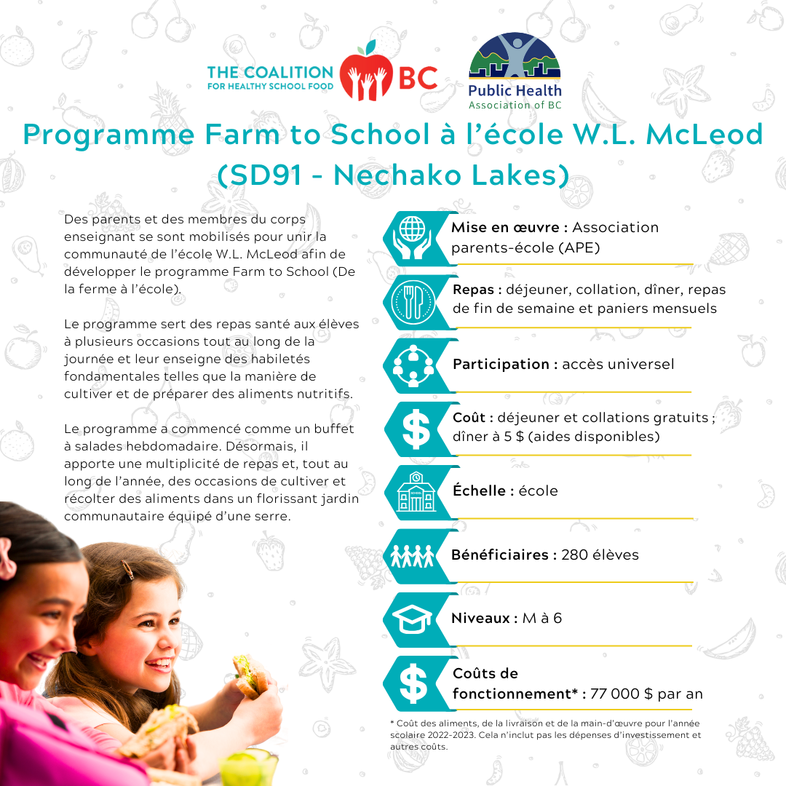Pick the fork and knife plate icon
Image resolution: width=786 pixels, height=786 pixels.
412,301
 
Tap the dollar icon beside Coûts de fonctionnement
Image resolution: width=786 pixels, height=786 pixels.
413,683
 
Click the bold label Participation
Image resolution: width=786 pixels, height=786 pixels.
501,364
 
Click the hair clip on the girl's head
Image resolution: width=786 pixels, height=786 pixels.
127,570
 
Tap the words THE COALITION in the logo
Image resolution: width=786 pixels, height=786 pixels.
270,72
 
